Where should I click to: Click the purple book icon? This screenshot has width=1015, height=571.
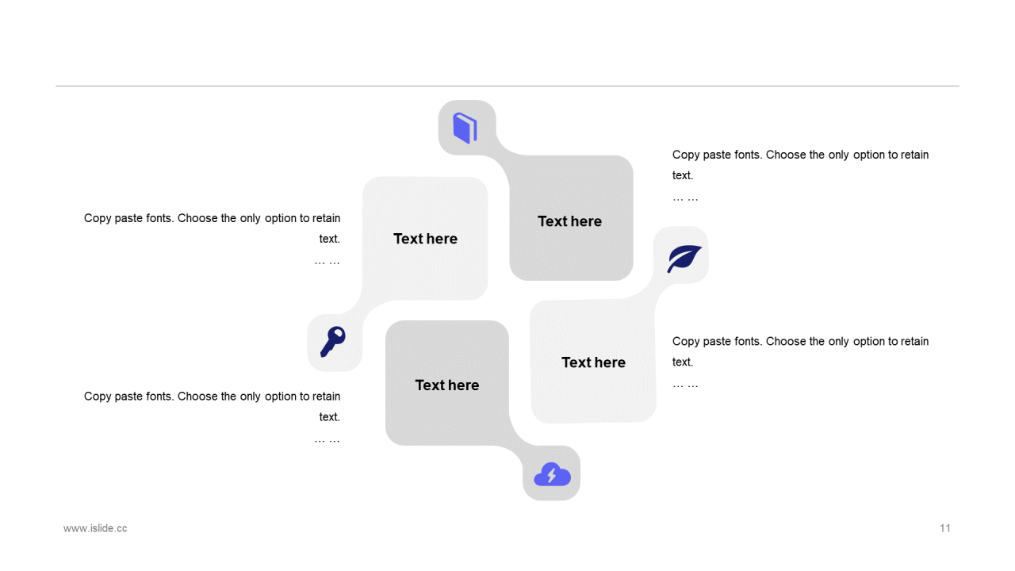(x=465, y=128)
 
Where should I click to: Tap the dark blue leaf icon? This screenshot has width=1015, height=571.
(x=684, y=258)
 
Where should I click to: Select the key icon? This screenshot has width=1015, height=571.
(x=333, y=342)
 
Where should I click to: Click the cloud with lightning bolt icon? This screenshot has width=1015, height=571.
(x=552, y=474)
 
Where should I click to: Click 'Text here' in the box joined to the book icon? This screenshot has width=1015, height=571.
(x=569, y=221)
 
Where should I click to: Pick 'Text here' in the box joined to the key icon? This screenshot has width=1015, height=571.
(x=425, y=239)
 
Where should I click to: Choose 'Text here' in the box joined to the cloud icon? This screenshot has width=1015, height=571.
(x=447, y=385)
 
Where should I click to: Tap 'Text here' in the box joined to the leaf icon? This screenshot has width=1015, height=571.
(x=593, y=362)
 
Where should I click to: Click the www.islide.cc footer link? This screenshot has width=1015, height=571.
(x=95, y=528)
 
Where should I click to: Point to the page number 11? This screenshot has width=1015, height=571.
(x=945, y=528)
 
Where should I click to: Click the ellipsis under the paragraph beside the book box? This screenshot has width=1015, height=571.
(x=685, y=197)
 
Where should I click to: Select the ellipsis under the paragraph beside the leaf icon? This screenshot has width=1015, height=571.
(x=685, y=384)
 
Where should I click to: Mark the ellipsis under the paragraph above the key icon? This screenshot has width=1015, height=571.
(x=327, y=261)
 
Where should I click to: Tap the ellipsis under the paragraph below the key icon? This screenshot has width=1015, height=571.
(x=327, y=439)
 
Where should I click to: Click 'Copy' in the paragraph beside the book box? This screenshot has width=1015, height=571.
(x=686, y=155)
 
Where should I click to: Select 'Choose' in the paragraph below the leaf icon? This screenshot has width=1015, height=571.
(x=786, y=341)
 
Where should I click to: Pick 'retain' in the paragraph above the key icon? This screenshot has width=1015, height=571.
(x=326, y=218)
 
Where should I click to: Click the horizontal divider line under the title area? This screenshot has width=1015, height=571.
(x=507, y=86)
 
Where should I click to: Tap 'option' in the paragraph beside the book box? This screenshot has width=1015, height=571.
(x=868, y=155)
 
